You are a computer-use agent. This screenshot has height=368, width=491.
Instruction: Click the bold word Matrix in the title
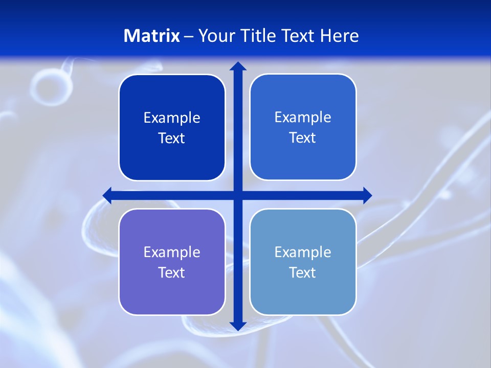tap(151, 36)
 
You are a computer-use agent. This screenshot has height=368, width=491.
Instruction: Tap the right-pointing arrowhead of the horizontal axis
tap(367, 195)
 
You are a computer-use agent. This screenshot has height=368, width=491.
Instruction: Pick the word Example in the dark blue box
tap(172, 118)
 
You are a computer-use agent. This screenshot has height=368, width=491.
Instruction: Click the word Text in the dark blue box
tap(171, 138)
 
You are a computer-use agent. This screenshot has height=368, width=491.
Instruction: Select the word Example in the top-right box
tap(303, 117)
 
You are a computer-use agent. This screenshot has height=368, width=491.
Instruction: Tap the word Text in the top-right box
tap(302, 137)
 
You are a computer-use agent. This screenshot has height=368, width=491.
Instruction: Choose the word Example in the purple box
tap(172, 252)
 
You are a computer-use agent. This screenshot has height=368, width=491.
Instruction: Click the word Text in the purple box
tap(171, 272)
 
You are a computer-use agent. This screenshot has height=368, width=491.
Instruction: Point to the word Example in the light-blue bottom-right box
tap(303, 252)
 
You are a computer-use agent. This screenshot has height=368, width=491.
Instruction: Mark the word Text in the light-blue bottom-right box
tap(302, 272)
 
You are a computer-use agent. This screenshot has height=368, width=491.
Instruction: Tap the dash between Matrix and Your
tap(189, 36)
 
